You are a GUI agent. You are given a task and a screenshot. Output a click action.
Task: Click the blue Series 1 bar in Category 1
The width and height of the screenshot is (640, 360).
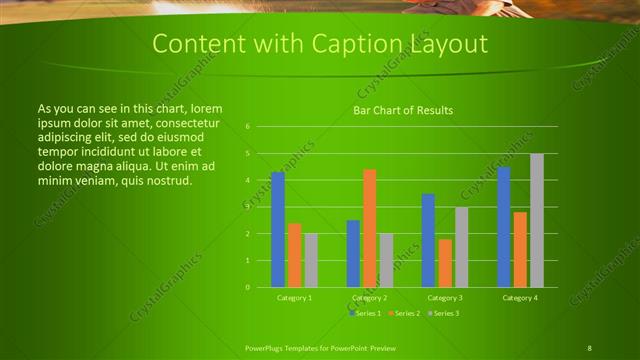(x=278, y=230)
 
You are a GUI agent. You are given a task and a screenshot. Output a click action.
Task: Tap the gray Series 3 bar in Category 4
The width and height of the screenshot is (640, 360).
(x=537, y=221)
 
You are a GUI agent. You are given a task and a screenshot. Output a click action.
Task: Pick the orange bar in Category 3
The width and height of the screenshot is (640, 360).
(x=444, y=263)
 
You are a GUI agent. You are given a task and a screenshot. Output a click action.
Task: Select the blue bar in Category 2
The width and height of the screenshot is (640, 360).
(x=353, y=254)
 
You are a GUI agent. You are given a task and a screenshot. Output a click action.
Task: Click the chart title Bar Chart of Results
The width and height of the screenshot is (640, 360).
(x=404, y=110)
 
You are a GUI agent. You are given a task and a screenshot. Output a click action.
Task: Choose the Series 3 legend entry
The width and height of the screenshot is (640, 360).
(x=445, y=313)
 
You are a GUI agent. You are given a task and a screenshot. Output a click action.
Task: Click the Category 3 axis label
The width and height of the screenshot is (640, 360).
(x=444, y=298)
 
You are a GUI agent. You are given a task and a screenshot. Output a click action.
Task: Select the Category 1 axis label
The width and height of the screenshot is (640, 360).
(x=294, y=298)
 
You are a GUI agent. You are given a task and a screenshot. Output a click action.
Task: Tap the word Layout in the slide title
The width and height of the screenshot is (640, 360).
(x=447, y=44)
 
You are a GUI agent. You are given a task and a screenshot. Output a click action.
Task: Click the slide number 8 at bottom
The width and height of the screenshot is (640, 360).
(x=589, y=347)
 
